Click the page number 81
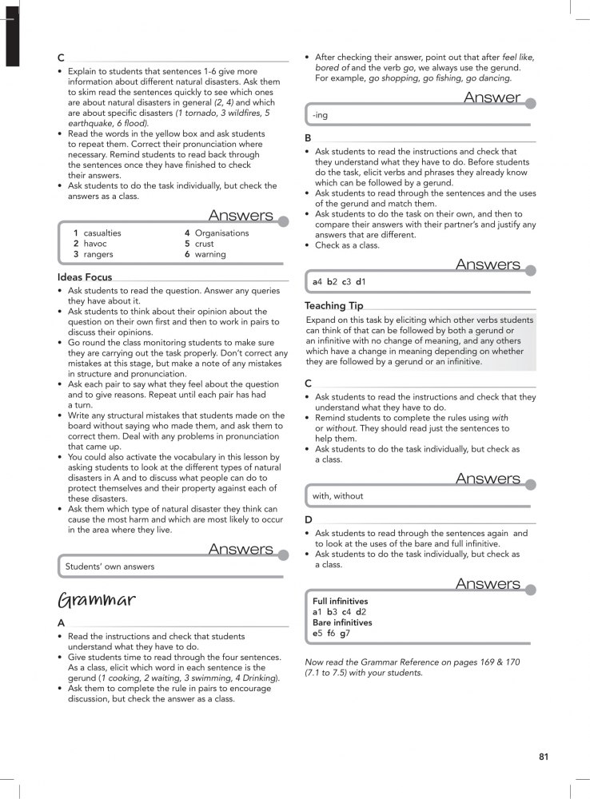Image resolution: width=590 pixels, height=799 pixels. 543,757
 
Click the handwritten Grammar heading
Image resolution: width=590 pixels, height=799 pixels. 96,600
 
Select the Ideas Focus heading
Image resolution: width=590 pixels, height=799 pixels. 85,277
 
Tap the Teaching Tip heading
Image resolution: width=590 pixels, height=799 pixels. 333,306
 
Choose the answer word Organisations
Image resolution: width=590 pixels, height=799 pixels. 222,233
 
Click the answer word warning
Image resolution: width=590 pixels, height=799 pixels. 211,254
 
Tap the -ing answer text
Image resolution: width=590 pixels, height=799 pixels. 320,116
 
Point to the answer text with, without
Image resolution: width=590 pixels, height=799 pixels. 337,496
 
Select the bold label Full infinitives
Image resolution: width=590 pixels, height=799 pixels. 341,601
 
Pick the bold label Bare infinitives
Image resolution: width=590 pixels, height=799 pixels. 342,622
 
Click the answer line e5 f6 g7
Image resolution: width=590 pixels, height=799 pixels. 331,633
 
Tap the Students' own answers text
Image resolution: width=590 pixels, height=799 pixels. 110,566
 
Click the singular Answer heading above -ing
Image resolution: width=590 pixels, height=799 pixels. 492,97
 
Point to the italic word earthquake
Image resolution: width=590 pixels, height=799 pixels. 89,124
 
